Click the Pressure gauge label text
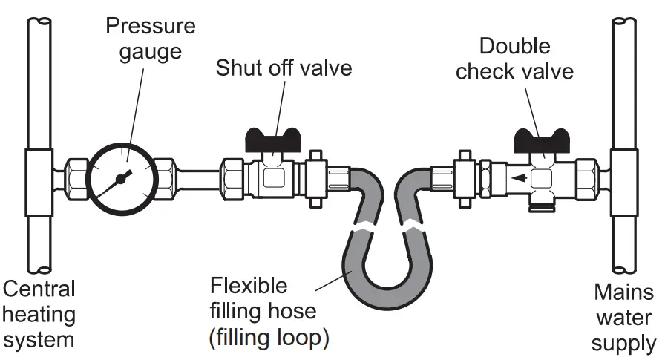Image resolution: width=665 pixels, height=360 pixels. click(x=150, y=39)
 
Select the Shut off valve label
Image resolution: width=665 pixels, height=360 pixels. click(x=284, y=68)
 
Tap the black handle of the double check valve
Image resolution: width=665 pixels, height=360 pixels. click(x=544, y=140)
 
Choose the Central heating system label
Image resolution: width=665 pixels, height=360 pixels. click(x=39, y=313)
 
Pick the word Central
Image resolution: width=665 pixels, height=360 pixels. click(x=39, y=289)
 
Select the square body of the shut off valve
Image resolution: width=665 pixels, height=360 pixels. click(x=272, y=178)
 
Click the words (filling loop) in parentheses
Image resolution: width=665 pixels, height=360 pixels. click(x=269, y=338)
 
